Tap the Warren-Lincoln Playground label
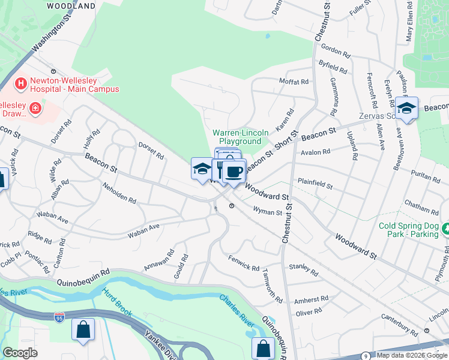(237, 137)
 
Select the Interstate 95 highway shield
(59, 316)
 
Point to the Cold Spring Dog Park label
(409, 230)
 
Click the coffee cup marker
(234, 171)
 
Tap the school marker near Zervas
(407, 108)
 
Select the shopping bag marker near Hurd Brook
(83, 330)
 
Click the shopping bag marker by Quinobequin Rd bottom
(263, 349)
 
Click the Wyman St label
(268, 212)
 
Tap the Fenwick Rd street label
(243, 263)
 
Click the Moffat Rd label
(294, 81)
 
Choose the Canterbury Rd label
(401, 328)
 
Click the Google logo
(20, 353)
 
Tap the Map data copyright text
(412, 355)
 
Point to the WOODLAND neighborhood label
(72, 5)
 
